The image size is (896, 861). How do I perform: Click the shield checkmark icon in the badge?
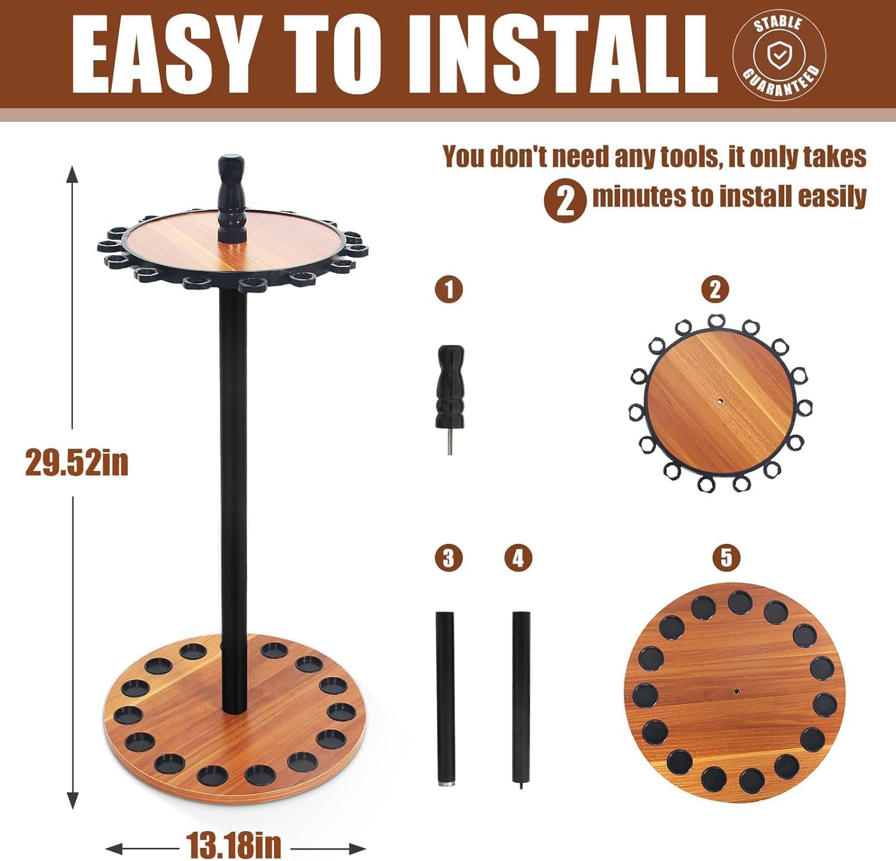(778, 56)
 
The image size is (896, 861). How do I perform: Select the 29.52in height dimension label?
(76, 462)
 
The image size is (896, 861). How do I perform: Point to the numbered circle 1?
(449, 290)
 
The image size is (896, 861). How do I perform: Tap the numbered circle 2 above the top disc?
(715, 290)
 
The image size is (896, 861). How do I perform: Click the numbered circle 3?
(449, 558)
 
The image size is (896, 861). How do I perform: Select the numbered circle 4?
(518, 558)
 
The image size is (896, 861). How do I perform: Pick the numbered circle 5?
(726, 558)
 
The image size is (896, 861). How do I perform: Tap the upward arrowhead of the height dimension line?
(73, 176)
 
